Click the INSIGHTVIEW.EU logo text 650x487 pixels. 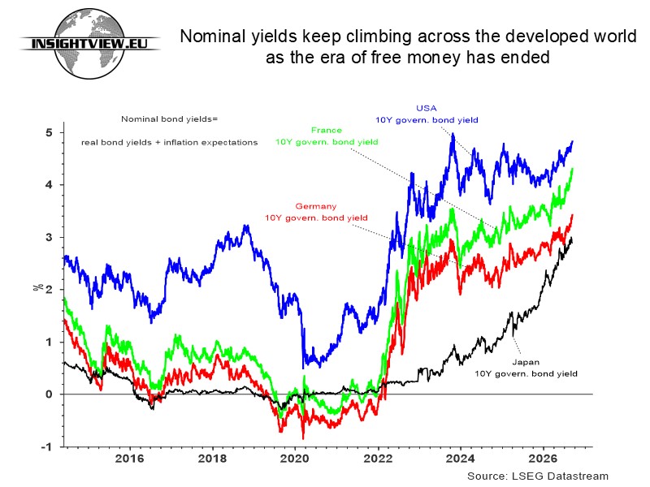(x=89, y=43)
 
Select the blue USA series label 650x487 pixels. (x=427, y=114)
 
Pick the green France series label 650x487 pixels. (x=327, y=136)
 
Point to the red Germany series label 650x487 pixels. (x=316, y=212)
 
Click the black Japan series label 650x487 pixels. (x=526, y=368)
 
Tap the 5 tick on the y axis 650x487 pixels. (x=50, y=132)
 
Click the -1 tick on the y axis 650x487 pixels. (x=47, y=447)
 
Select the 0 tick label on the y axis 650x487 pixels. (x=50, y=394)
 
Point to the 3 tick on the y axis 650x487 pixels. (x=50, y=237)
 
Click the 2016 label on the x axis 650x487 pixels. (x=129, y=459)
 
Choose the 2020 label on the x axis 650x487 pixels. (x=295, y=459)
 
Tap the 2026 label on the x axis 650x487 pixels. (x=544, y=459)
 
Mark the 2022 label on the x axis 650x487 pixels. (x=378, y=459)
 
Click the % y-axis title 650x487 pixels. (x=38, y=287)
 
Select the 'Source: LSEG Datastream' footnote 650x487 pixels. (x=538, y=476)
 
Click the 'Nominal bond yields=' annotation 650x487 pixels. (x=169, y=119)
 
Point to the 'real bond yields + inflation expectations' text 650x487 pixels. (x=169, y=143)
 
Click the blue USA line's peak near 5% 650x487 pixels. (x=453, y=134)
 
